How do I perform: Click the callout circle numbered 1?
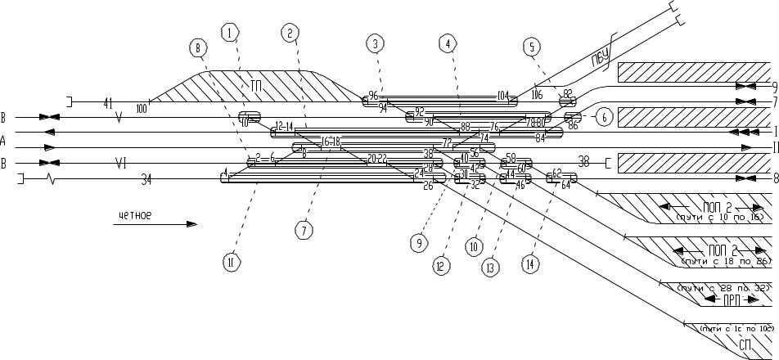pos(231,33)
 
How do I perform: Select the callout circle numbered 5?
pos(532,47)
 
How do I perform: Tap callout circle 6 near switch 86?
pos(603,117)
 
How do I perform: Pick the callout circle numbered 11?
pos(232,261)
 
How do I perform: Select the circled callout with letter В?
pos(199,49)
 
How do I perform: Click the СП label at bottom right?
pos(746,344)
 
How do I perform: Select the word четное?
pos(135,216)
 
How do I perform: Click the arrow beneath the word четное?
pos(156,223)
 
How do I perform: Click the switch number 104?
pos(503,96)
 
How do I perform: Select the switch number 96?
pos(374,96)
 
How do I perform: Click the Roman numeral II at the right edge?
pos(772,148)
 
